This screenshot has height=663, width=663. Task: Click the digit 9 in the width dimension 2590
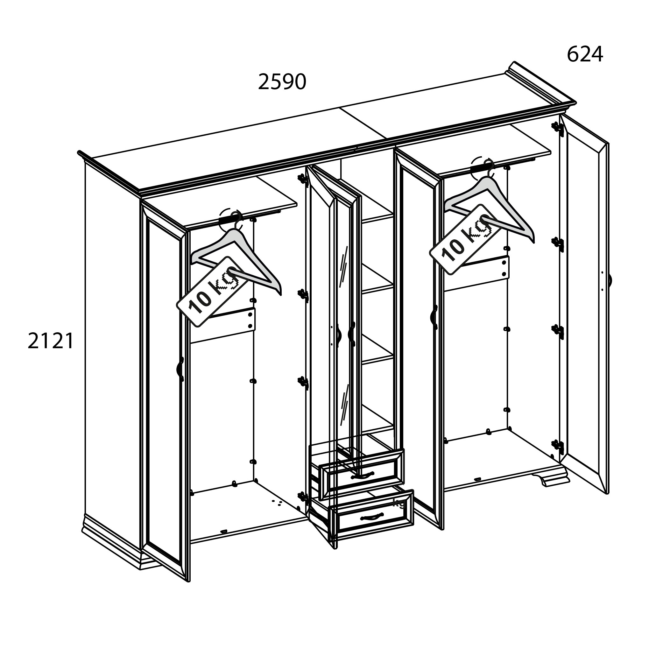pyautogui.click(x=287, y=82)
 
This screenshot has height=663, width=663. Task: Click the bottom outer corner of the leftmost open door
pyautogui.click(x=188, y=581)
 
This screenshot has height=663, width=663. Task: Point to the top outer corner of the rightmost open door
pyautogui.click(x=607, y=144)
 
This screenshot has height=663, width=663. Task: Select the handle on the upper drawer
pyautogui.click(x=363, y=476)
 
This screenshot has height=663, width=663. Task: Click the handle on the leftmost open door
pyautogui.click(x=180, y=369)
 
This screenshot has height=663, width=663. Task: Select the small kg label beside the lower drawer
pyautogui.click(x=399, y=503)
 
